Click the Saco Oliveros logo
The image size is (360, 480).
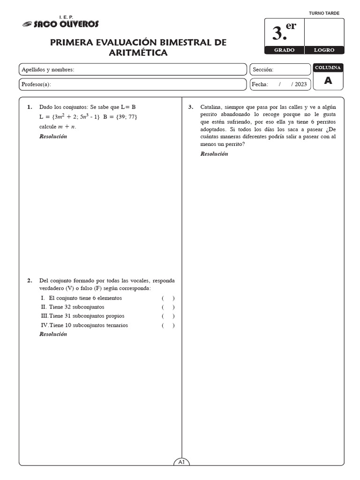[x=60, y=23]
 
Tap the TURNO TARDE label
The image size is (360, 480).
[x=324, y=14]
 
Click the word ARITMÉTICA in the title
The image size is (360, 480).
[x=138, y=53]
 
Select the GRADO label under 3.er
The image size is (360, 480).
[x=284, y=50]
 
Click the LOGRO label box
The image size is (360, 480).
[x=324, y=50]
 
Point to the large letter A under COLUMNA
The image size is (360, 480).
[x=328, y=81]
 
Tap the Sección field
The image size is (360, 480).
[x=280, y=70]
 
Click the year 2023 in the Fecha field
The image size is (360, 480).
[x=301, y=84]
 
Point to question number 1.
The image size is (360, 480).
[x=30, y=107]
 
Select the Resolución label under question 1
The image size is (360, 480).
[x=53, y=136]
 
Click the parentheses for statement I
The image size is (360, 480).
[x=168, y=298]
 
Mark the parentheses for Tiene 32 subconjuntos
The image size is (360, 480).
[x=168, y=307]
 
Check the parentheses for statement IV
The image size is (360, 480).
[x=168, y=325]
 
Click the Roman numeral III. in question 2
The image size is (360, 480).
[x=45, y=316]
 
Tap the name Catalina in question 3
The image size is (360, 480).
[x=211, y=107]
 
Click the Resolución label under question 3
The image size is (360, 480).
[x=214, y=154]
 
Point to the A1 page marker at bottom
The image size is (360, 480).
[x=182, y=462]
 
